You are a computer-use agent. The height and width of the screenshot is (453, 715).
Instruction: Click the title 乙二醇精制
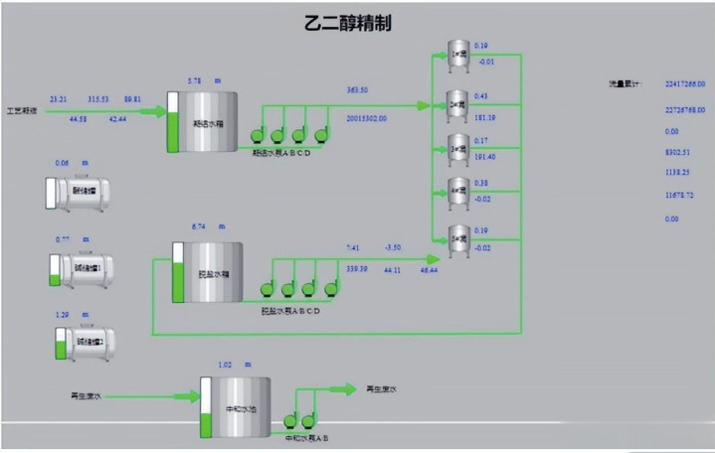pyautogui.click(x=347, y=24)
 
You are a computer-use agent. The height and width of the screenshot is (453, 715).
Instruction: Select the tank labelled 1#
pyautogui.click(x=457, y=57)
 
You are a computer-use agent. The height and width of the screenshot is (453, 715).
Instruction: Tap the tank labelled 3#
pyautogui.click(x=457, y=147)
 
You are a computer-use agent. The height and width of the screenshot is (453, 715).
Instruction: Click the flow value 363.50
pyautogui.click(x=358, y=90)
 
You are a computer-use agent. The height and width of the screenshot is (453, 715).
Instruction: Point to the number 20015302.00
pyautogui.click(x=366, y=117)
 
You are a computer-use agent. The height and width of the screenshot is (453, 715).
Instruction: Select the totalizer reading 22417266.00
pyautogui.click(x=684, y=84)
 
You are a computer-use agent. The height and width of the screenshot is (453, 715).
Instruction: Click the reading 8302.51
pyautogui.click(x=677, y=152)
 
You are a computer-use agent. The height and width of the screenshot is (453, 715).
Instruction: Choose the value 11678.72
pyautogui.click(x=679, y=196)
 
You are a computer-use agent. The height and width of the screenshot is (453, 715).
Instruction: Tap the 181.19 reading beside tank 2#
pyautogui.click(x=485, y=117)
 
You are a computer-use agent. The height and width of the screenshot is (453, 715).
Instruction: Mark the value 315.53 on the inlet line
pyautogui.click(x=98, y=99)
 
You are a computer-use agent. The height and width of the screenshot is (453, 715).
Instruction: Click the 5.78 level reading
pyautogui.click(x=195, y=79)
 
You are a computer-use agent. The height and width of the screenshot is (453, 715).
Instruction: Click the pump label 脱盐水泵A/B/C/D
pyautogui.click(x=289, y=310)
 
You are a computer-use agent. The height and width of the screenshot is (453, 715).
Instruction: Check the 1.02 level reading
pyautogui.click(x=224, y=364)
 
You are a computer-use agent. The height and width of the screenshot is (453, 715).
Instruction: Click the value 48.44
pyautogui.click(x=430, y=270)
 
